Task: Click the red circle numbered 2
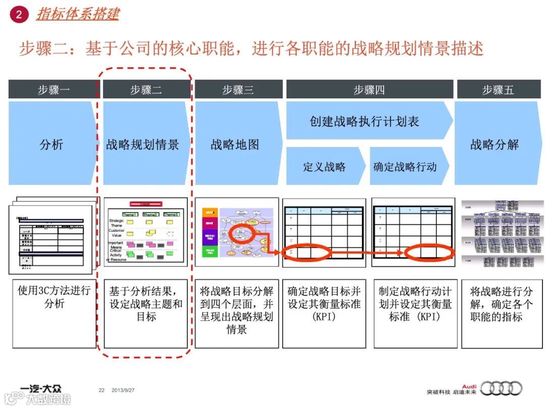pos(19,14)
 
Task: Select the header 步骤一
pos(52,90)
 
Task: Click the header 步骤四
pos(369,90)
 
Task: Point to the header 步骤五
pos(498,90)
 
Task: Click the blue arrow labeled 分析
pos(51,144)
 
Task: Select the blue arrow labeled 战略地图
pos(235,144)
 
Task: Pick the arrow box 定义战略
pos(324,167)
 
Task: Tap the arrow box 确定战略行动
pos(405,167)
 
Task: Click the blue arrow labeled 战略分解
pos(495,144)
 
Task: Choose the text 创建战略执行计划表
pos(364,121)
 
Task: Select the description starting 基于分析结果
pos(146,304)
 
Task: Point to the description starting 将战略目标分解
pos(237,310)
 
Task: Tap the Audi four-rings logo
pos(501,388)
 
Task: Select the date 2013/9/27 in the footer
pos(125,390)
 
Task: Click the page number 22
pos(101,390)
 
